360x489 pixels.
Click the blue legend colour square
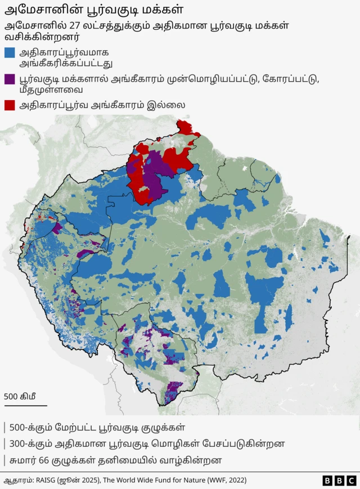coord(10,53)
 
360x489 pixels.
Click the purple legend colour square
coord(10,79)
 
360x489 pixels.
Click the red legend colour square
coord(10,105)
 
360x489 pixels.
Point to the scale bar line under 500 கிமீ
coord(25,405)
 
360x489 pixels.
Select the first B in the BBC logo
coord(328,481)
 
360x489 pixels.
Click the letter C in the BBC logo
coord(351,481)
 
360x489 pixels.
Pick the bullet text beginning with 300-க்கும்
coord(147,443)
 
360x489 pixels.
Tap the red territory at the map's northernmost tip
coord(185,127)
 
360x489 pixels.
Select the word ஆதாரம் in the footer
coord(18,481)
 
